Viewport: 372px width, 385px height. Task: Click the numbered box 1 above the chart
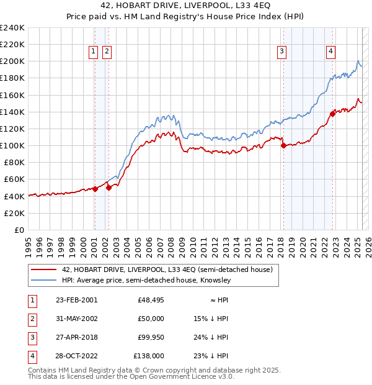(93, 52)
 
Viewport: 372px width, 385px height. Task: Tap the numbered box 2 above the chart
(107, 52)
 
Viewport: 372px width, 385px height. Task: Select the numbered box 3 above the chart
(282, 52)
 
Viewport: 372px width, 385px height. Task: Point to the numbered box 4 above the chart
(331, 52)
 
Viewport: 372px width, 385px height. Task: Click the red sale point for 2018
(283, 146)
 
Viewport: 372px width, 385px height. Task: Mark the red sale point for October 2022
(333, 113)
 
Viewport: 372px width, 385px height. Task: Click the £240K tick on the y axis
(12, 28)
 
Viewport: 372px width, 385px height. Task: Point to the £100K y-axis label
(12, 145)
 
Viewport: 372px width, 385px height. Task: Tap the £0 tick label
(19, 230)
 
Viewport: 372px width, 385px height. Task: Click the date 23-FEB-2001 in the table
(76, 299)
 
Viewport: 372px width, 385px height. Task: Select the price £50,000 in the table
(151, 319)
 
